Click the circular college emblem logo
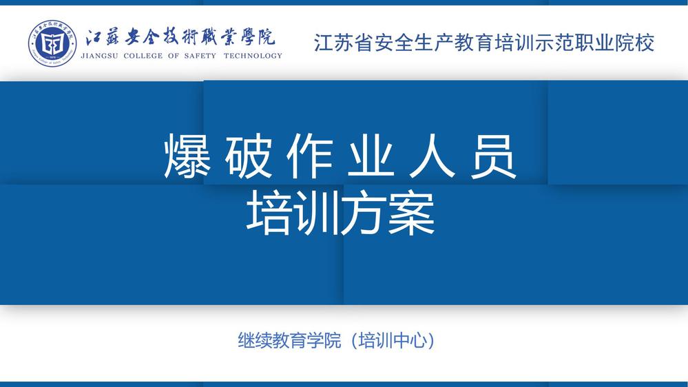pyautogui.click(x=52, y=43)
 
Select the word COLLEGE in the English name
pyautogui.click(x=143, y=56)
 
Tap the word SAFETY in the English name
pyautogui.click(x=200, y=56)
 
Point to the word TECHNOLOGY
pyautogui.click(x=253, y=56)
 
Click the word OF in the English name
pyautogui.click(x=174, y=56)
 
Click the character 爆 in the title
pyautogui.click(x=187, y=156)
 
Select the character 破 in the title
pyautogui.click(x=249, y=156)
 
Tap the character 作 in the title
pyautogui.click(x=310, y=156)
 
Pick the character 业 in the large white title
pyautogui.click(x=371, y=156)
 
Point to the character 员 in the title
pyautogui.click(x=493, y=156)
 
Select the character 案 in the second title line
pyautogui.click(x=412, y=213)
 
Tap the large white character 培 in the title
pyautogui.click(x=269, y=213)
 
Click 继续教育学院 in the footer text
pyautogui.click(x=289, y=340)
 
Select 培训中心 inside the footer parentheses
pyautogui.click(x=393, y=340)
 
